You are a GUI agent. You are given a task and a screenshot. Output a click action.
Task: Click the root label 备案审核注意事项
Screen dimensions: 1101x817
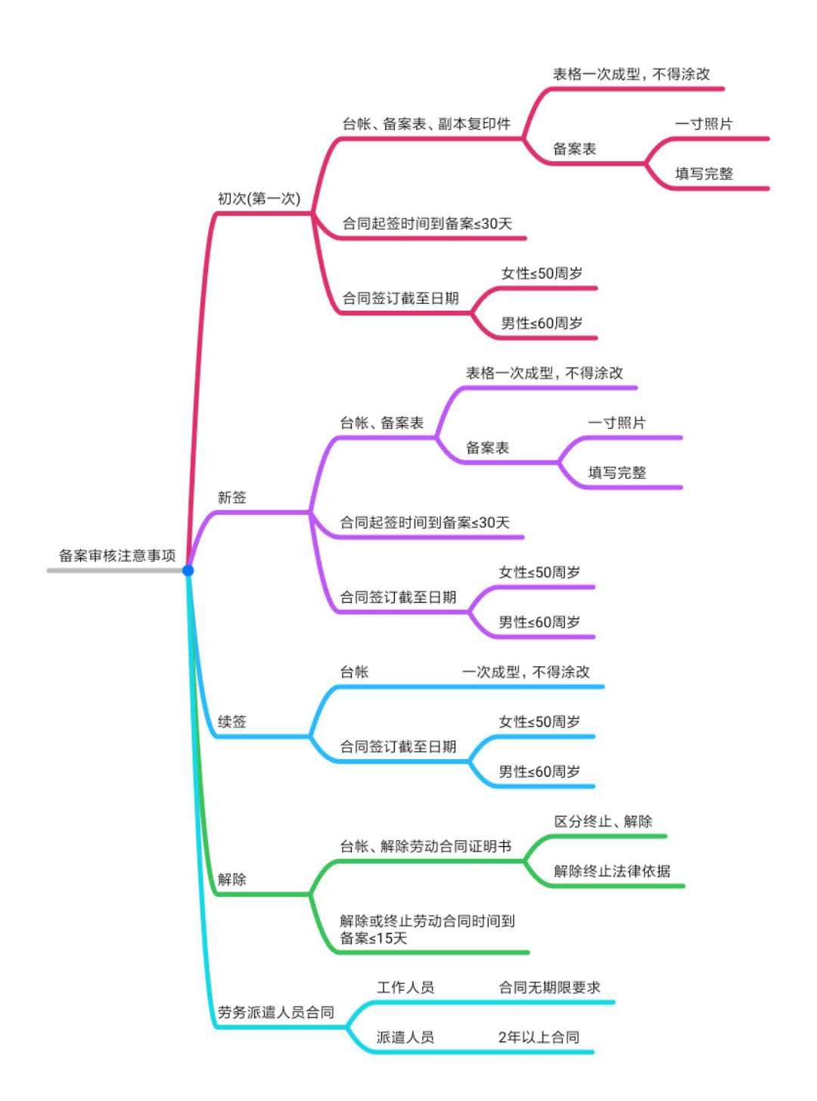click(117, 556)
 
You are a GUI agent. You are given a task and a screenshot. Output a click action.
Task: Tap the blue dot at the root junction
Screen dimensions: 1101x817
click(188, 570)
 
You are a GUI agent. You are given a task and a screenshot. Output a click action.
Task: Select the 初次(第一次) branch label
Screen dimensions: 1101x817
click(259, 199)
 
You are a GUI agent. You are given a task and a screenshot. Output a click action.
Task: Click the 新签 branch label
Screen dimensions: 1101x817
click(232, 498)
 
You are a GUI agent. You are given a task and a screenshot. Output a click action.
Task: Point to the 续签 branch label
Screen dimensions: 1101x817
click(232, 721)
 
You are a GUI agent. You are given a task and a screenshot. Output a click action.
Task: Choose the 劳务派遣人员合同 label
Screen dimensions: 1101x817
click(275, 1013)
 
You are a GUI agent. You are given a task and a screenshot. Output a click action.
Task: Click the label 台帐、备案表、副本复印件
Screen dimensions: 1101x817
click(427, 124)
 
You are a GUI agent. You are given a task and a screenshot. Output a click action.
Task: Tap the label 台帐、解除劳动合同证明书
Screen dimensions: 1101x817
click(425, 846)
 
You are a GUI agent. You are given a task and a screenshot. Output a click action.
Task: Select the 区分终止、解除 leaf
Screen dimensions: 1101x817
click(603, 821)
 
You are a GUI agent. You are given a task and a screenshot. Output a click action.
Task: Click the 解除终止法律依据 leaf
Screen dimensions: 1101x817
click(612, 871)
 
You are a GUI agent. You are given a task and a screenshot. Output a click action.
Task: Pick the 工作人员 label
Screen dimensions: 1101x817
click(405, 988)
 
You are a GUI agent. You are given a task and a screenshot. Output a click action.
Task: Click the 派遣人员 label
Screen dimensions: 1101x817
click(405, 1037)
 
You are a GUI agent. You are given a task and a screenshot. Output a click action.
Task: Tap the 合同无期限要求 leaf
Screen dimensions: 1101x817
click(549, 988)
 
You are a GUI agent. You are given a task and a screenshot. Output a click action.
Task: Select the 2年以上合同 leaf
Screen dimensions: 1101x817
click(539, 1037)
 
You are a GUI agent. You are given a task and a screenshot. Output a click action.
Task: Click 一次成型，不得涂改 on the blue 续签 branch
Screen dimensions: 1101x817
click(526, 672)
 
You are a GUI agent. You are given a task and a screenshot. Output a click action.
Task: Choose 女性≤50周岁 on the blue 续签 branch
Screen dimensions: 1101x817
click(539, 722)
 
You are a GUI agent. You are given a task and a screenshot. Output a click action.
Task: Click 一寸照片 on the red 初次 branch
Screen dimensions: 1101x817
click(704, 124)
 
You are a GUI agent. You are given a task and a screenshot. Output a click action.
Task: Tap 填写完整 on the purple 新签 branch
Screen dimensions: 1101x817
click(617, 473)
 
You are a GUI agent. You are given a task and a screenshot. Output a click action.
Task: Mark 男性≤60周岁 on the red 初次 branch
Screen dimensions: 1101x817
click(542, 324)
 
